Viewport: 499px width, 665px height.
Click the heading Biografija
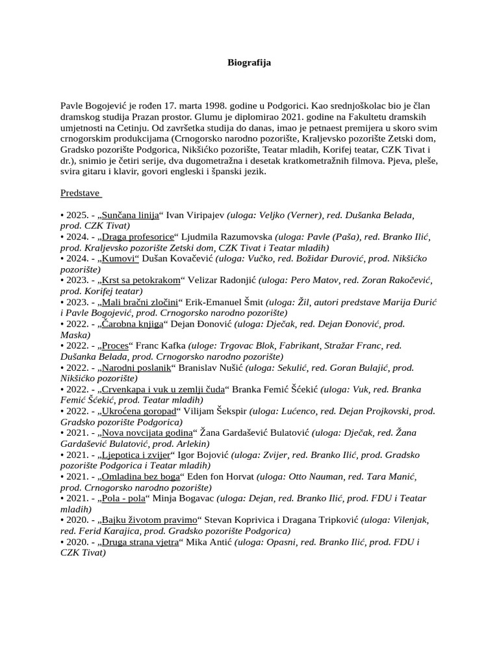pyautogui.click(x=249, y=63)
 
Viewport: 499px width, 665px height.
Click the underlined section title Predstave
pyautogui.click(x=81, y=193)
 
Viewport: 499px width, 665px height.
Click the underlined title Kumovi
pyautogui.click(x=122, y=258)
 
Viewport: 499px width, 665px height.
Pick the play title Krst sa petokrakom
pyautogui.click(x=140, y=280)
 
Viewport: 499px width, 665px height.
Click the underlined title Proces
pyautogui.click(x=116, y=345)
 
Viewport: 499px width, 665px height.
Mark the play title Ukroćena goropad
pyautogui.click(x=139, y=412)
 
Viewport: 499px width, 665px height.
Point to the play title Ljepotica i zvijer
pyautogui.click(x=136, y=455)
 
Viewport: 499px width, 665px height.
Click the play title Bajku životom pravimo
pyautogui.click(x=149, y=521)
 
